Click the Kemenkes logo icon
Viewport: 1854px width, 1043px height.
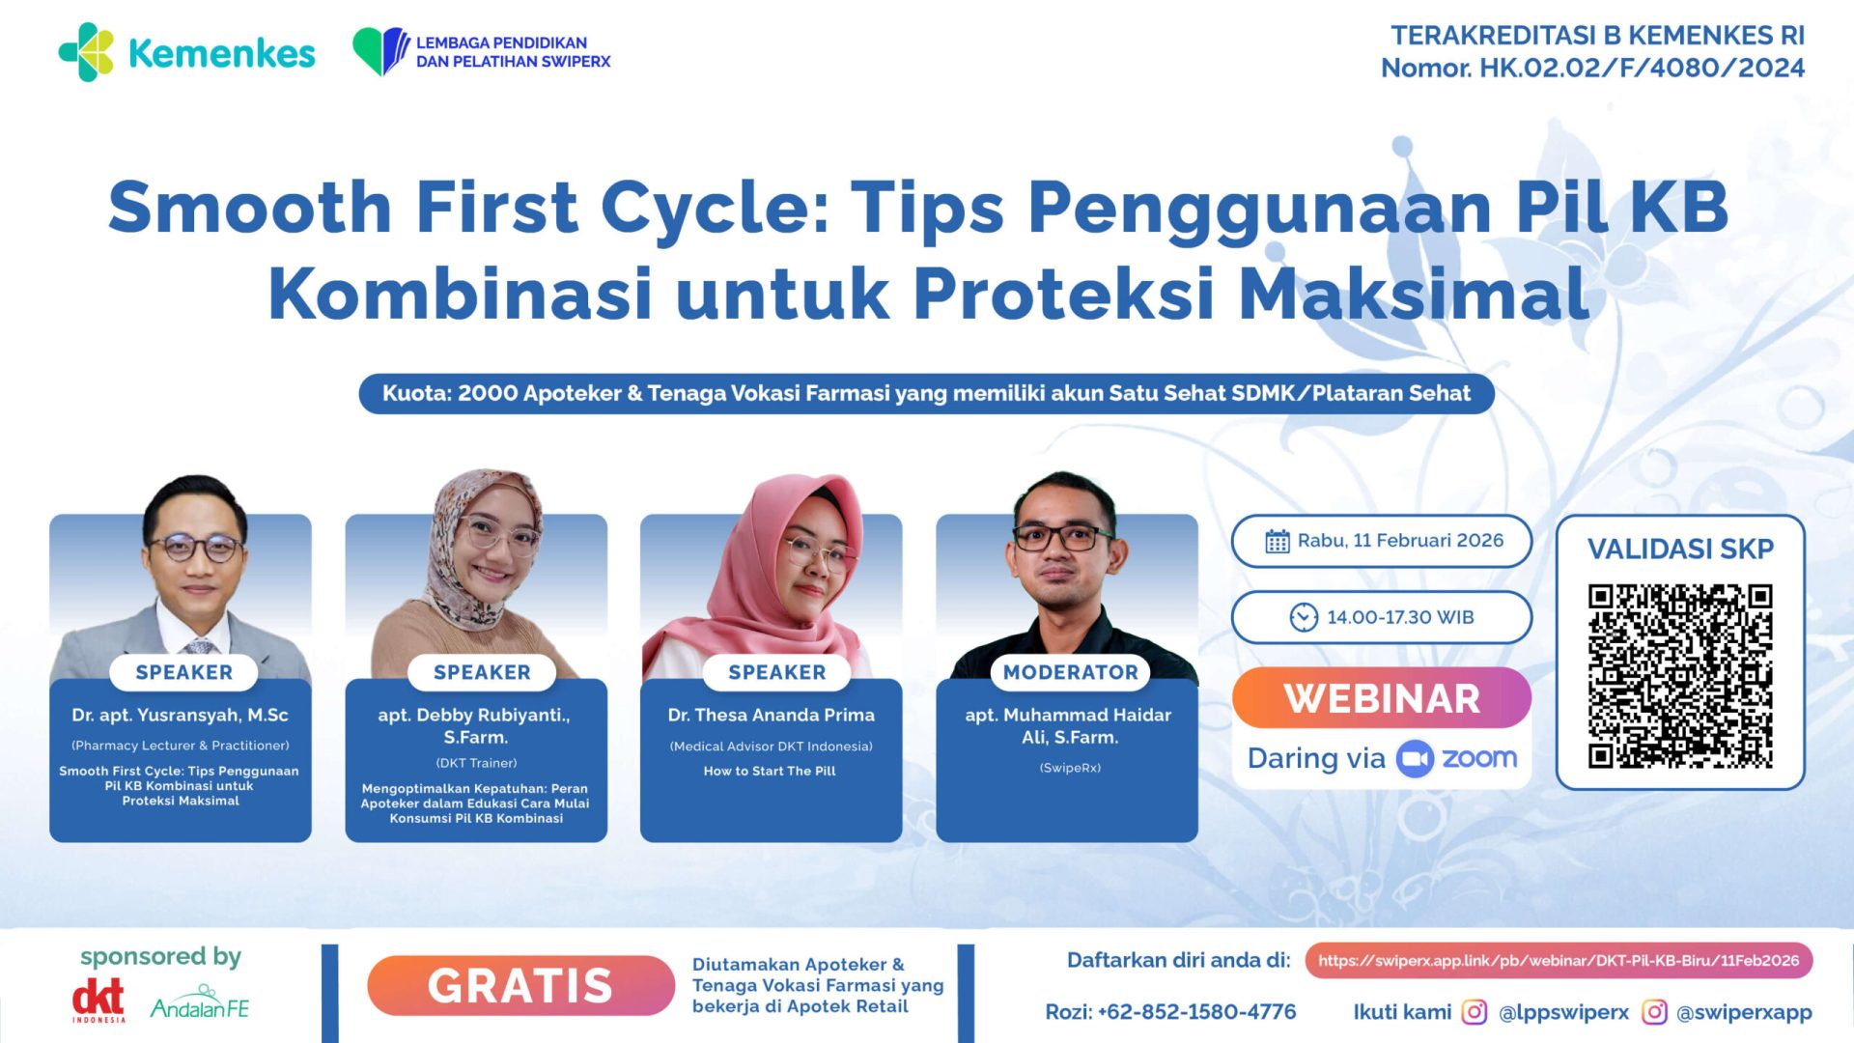coord(87,52)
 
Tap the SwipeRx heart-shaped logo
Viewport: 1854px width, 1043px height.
coord(380,50)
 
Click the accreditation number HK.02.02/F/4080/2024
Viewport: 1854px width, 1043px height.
coord(1642,69)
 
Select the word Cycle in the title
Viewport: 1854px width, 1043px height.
coord(715,208)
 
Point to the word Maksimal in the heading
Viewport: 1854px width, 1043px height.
coord(1414,294)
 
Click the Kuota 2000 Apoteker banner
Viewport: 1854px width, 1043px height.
coord(926,394)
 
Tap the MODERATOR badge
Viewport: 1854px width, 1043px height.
coord(1070,672)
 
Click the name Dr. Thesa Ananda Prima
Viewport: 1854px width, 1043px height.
coord(771,716)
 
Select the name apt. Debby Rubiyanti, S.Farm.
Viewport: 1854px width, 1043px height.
coord(475,725)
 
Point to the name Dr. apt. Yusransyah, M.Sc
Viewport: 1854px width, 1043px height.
coord(181,716)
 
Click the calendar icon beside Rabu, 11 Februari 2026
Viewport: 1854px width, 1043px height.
coord(1277,541)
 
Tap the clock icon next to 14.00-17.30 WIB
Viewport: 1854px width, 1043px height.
coord(1304,617)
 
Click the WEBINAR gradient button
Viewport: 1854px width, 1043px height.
coord(1381,698)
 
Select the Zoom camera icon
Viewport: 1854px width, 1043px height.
coord(1415,759)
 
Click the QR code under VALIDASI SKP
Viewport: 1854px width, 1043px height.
coord(1680,676)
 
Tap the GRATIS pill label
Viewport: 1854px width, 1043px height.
coord(520,986)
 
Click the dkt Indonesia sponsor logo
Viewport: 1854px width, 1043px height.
coord(98,1001)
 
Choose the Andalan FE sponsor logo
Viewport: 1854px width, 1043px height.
coord(200,1004)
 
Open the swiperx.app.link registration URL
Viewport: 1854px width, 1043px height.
coord(1559,961)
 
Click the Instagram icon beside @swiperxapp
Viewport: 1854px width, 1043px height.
coord(1654,1012)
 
